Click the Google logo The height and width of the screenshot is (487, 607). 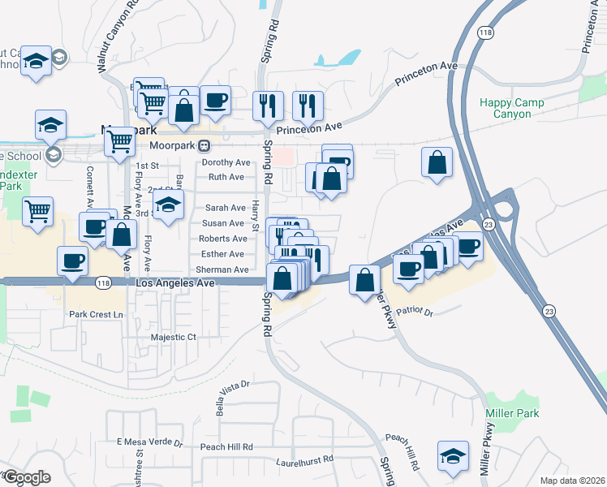pyautogui.click(x=26, y=477)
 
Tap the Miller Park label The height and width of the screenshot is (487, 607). pyautogui.click(x=512, y=413)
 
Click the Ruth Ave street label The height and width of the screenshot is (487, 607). pyautogui.click(x=226, y=177)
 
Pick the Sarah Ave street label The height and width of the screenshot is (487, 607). pyautogui.click(x=225, y=208)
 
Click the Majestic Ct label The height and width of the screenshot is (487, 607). pyautogui.click(x=174, y=337)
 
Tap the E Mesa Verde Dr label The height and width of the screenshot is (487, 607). pyautogui.click(x=150, y=442)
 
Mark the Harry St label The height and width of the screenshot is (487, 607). pyautogui.click(x=256, y=215)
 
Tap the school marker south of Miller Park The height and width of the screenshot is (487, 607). pyautogui.click(x=453, y=455)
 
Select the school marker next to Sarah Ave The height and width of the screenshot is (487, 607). pyautogui.click(x=168, y=205)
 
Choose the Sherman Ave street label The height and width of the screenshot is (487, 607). pyautogui.click(x=222, y=269)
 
